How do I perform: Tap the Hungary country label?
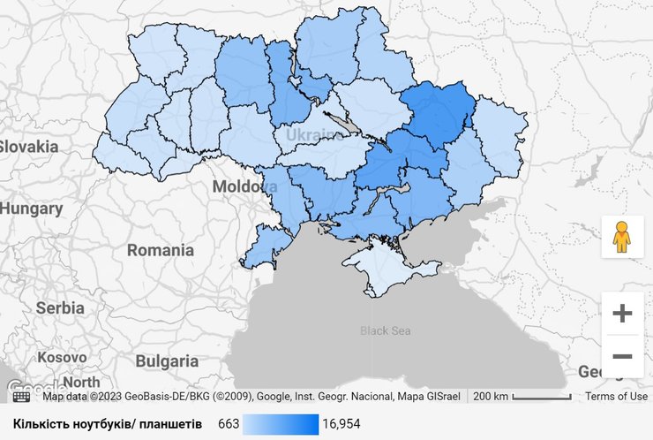(x=32, y=209)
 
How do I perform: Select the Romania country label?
(x=160, y=250)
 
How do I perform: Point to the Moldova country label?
(x=243, y=187)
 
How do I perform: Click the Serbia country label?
(x=60, y=308)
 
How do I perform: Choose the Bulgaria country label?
(x=167, y=360)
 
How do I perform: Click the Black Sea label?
(x=386, y=330)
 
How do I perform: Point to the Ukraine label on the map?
(x=313, y=135)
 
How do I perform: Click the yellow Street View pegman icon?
(x=622, y=237)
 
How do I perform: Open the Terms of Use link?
(x=616, y=396)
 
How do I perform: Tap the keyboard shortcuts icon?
(x=21, y=397)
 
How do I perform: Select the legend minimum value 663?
(x=229, y=424)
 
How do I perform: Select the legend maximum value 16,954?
(x=342, y=424)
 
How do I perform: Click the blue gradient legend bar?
(x=281, y=424)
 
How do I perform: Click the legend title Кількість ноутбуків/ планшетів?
(x=108, y=424)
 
